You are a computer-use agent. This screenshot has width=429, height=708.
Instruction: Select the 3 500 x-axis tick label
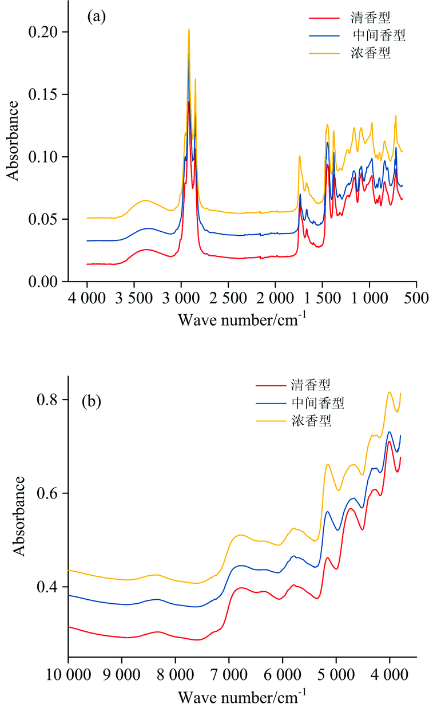pyautogui.click(x=134, y=299)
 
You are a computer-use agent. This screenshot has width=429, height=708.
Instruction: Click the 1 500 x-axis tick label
pyautogui.click(x=322, y=299)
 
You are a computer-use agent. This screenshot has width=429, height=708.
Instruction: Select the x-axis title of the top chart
pyautogui.click(x=242, y=318)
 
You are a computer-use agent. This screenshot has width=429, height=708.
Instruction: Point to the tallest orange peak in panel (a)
pyautogui.click(x=189, y=29)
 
